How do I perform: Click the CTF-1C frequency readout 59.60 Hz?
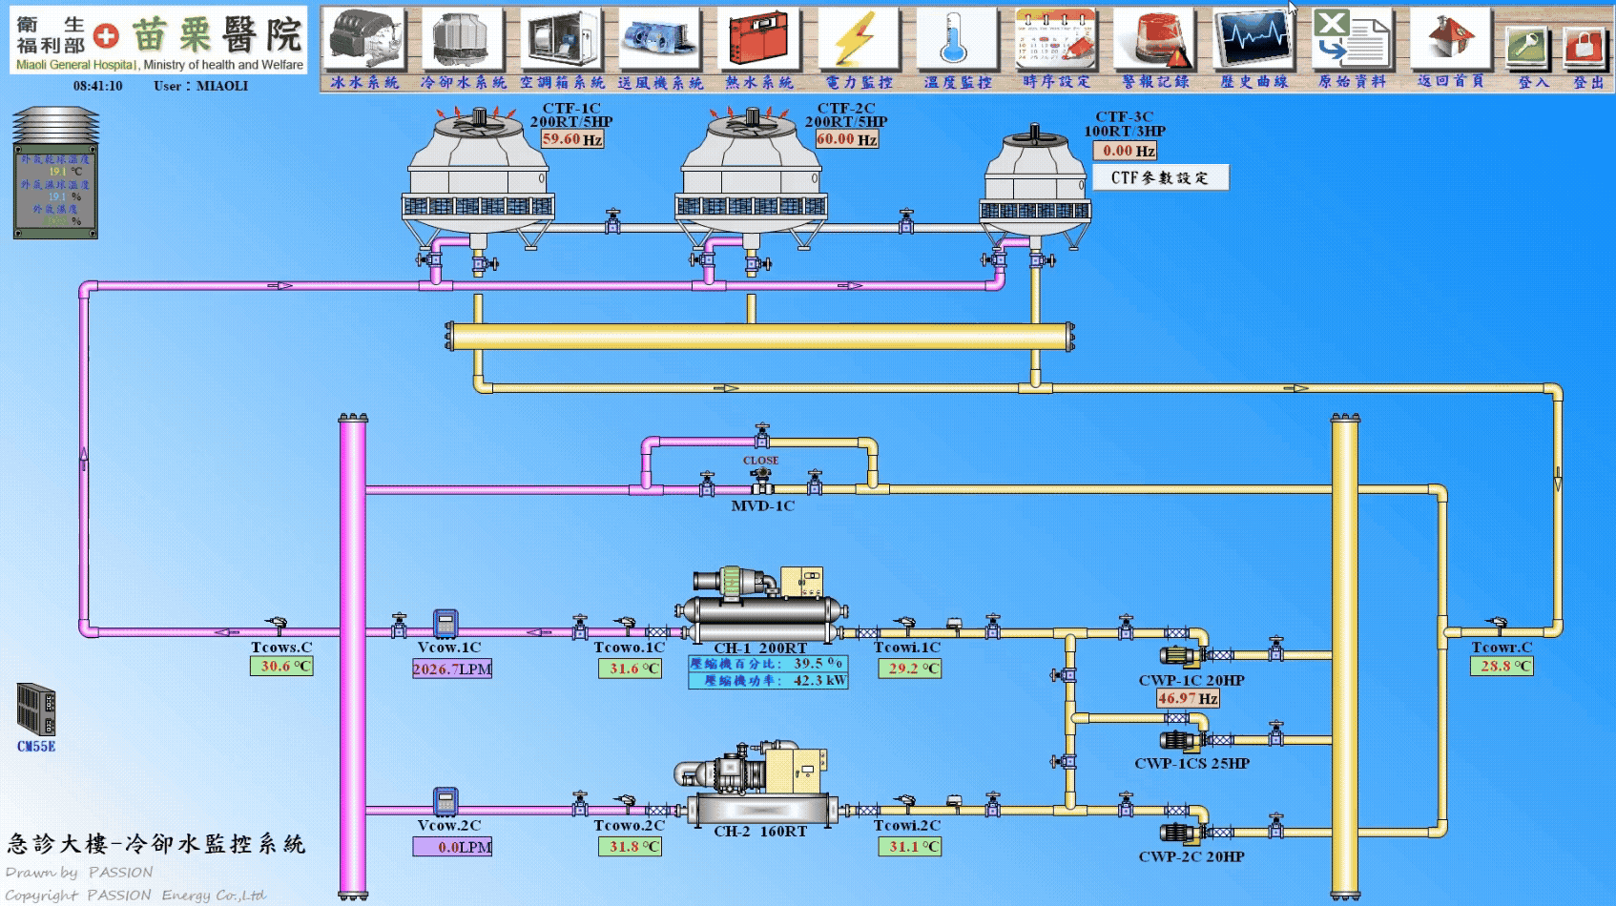tap(572, 139)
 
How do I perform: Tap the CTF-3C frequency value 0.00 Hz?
tap(1125, 151)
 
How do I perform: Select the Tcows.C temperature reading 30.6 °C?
tap(281, 667)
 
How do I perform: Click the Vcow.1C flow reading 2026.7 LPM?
tap(452, 669)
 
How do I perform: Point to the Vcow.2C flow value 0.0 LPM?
tap(452, 847)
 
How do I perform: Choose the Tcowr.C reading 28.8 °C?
tap(1502, 667)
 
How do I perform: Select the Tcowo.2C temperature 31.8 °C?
tap(630, 846)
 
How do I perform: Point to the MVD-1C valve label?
tap(762, 506)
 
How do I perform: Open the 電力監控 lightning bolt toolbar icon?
tap(859, 39)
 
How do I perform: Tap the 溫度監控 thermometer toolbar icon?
tap(957, 39)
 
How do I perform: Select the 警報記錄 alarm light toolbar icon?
tap(1155, 39)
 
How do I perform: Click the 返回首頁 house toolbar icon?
tap(1450, 39)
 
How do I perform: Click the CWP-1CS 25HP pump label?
tap(1191, 764)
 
